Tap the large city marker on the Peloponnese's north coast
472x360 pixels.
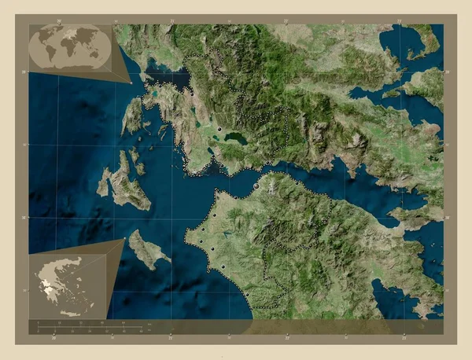(256, 186)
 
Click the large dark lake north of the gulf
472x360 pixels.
(235, 138)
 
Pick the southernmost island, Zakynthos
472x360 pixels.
(146, 250)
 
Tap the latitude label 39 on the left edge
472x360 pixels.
(24, 72)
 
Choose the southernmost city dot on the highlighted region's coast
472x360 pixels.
(245, 295)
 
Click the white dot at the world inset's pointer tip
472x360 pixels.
(130, 82)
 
